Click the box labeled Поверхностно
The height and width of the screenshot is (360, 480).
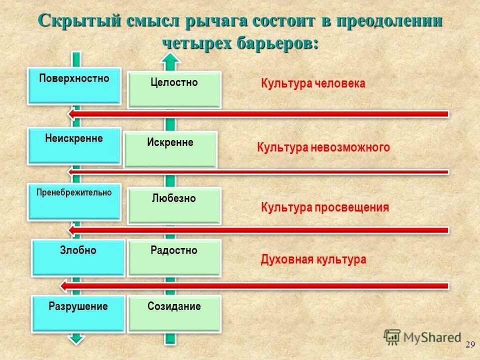click(x=74, y=85)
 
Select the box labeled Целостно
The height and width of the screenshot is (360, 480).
click(x=174, y=89)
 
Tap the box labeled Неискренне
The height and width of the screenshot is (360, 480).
click(x=74, y=145)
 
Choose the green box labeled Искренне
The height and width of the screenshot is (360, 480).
click(x=170, y=149)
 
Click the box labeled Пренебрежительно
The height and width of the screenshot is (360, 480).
click(x=74, y=201)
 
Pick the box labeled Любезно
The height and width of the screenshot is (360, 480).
click(x=174, y=205)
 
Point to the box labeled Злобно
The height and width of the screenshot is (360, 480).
click(x=78, y=257)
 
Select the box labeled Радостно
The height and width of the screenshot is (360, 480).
click(x=174, y=257)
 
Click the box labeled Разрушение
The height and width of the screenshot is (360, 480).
click(x=78, y=313)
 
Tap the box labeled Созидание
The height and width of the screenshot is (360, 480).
click(x=174, y=313)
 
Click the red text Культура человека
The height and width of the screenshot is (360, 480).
click(x=313, y=83)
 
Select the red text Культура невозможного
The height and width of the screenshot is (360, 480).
click(x=323, y=147)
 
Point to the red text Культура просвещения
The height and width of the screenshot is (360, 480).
click(x=324, y=207)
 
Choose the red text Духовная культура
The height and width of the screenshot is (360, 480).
click(x=313, y=259)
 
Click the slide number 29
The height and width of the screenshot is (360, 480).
click(x=469, y=344)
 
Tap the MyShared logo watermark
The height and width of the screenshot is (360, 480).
click(x=422, y=337)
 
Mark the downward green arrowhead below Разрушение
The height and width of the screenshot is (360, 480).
click(x=75, y=338)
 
